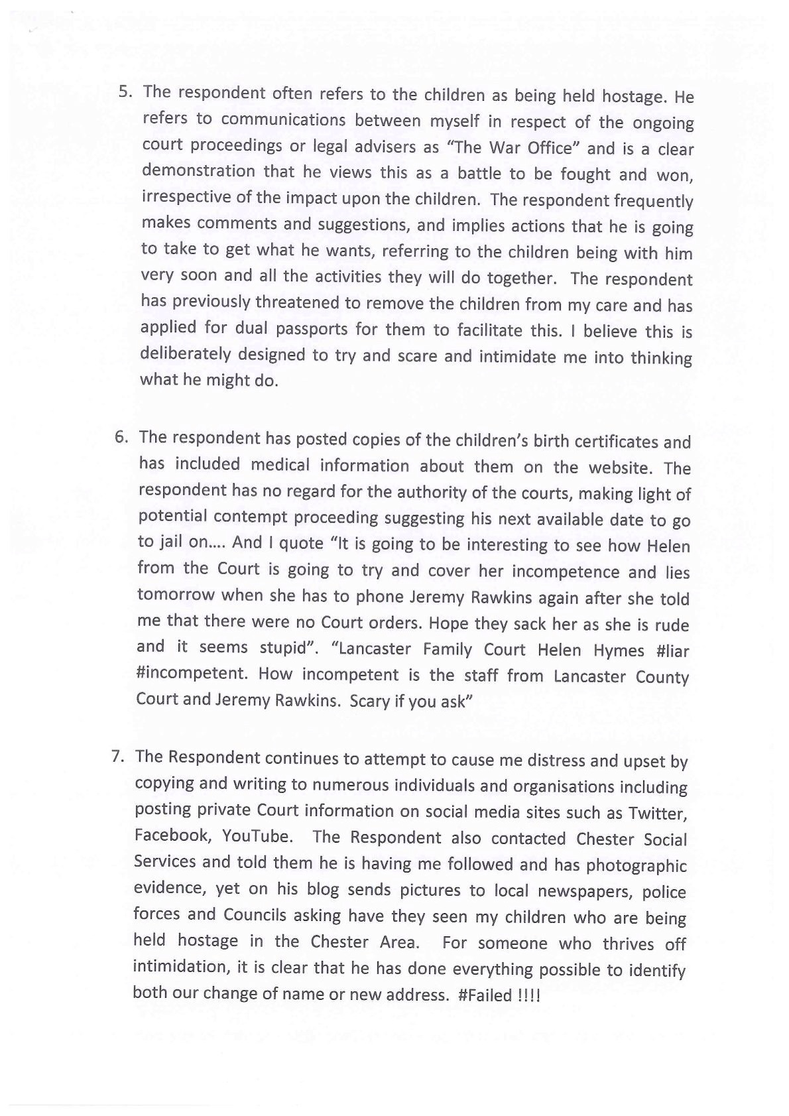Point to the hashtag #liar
click(672, 651)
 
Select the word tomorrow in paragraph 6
click(176, 594)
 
